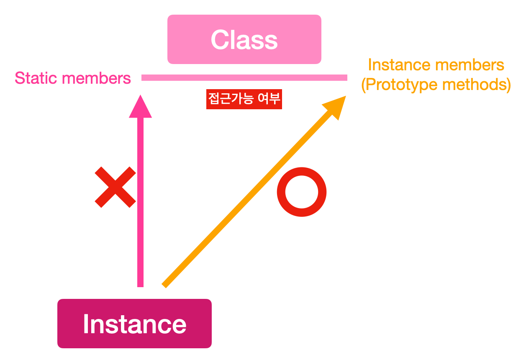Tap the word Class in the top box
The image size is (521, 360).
click(x=244, y=40)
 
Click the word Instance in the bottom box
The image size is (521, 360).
click(x=134, y=324)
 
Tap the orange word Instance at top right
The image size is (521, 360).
click(x=399, y=65)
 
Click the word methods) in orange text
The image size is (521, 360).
click(x=482, y=85)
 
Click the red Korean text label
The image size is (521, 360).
click(x=244, y=99)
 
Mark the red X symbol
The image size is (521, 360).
click(x=115, y=187)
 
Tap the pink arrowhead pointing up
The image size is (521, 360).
click(x=140, y=108)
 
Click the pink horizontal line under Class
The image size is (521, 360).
click(x=244, y=77)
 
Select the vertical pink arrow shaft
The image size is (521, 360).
click(x=140, y=201)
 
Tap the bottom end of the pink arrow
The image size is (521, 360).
click(x=140, y=284)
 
